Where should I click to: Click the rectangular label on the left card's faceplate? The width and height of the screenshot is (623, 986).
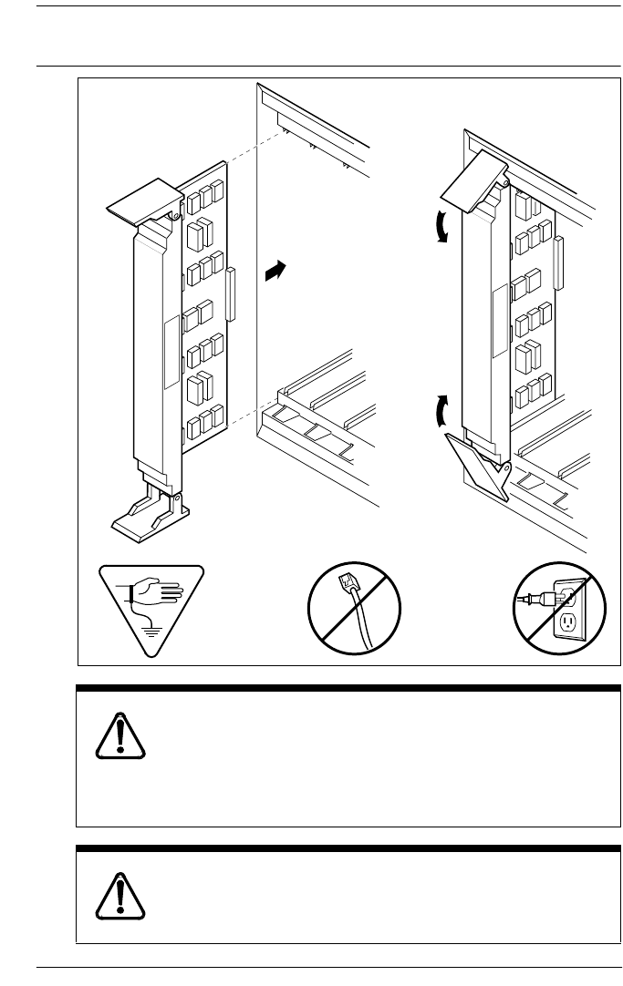click(x=170, y=352)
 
